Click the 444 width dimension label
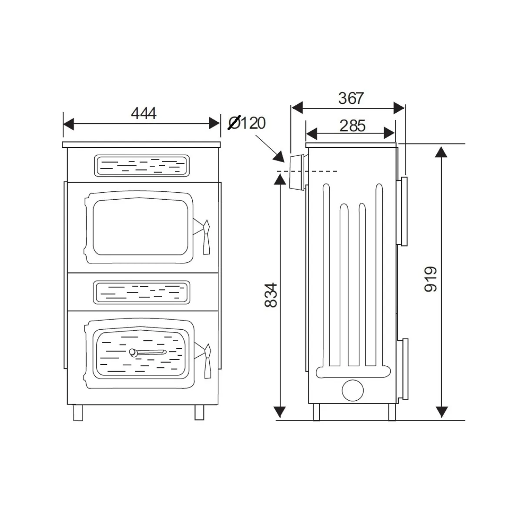point(144,114)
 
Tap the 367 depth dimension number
point(351,98)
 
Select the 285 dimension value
point(352,126)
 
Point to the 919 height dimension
point(431,279)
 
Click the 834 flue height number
point(271,295)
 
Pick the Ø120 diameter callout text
point(247,123)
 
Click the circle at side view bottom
point(353,390)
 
